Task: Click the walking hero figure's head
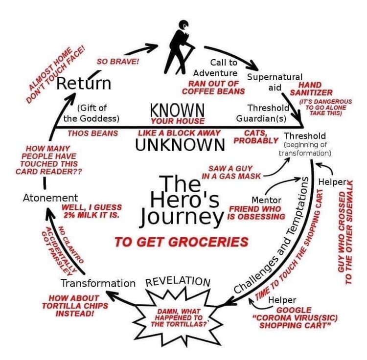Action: (183, 25)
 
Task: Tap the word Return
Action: (84, 83)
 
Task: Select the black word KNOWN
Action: (177, 110)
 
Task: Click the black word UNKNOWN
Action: (180, 145)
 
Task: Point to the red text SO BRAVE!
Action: (118, 62)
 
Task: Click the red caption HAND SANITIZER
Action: (311, 89)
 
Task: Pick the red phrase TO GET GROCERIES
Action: (182, 242)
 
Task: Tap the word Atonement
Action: (50, 198)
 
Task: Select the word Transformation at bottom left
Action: (98, 283)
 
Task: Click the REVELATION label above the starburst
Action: (178, 281)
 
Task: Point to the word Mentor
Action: (266, 200)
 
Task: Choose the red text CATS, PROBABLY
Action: (256, 137)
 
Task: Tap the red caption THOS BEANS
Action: (92, 134)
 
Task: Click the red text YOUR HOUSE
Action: (178, 121)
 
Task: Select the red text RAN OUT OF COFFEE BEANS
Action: (213, 88)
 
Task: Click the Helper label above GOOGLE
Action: (282, 300)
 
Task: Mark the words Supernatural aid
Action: (275, 82)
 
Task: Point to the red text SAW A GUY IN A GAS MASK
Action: (231, 172)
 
